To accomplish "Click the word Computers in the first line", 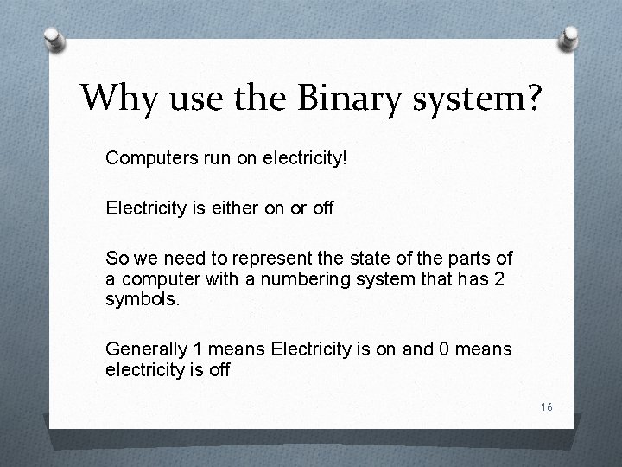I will point(144,158).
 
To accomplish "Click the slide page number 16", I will point(546,407).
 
